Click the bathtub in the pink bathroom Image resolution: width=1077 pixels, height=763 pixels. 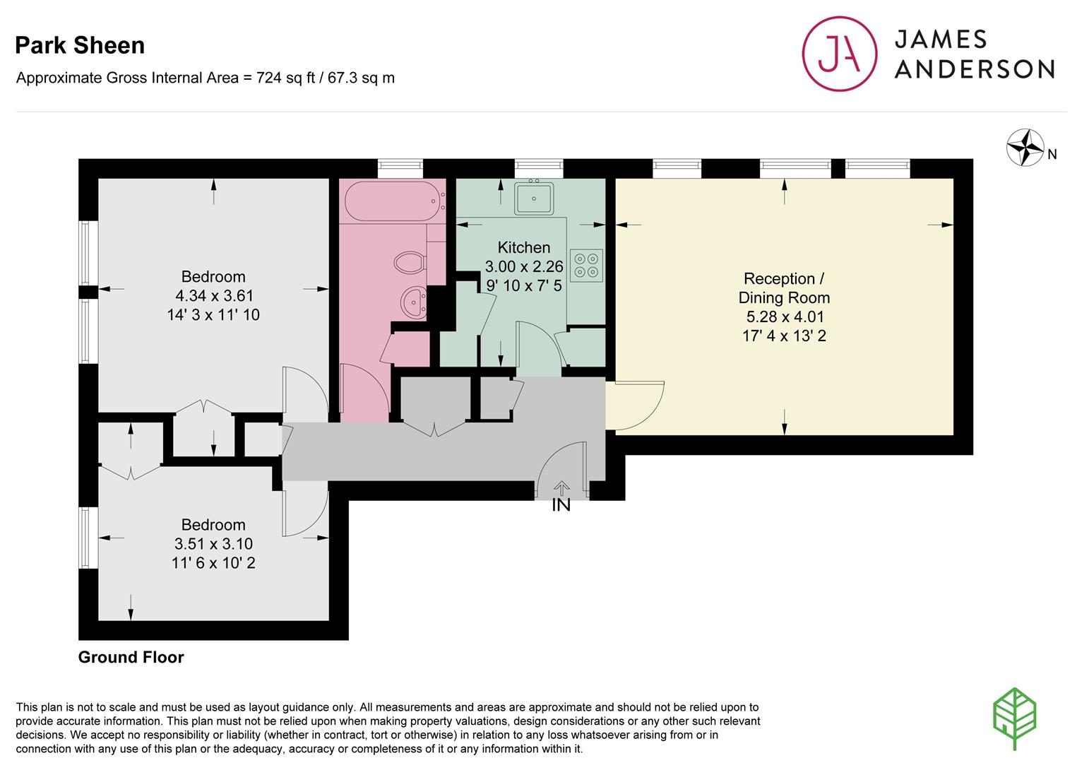click(394, 201)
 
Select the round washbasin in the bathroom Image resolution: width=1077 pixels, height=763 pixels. click(413, 302)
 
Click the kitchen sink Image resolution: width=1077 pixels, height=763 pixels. click(534, 198)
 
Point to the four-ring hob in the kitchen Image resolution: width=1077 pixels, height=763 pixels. click(586, 266)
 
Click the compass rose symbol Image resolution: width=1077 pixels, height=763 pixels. click(1025, 147)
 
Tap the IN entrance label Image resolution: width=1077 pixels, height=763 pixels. click(561, 504)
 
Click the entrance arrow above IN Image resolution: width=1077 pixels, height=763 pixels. click(561, 488)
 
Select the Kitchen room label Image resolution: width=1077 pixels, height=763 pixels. click(523, 247)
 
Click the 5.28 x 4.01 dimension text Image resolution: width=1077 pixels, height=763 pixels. click(785, 317)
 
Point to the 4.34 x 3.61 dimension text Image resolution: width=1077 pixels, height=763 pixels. click(214, 295)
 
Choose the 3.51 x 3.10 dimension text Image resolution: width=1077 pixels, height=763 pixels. click(213, 543)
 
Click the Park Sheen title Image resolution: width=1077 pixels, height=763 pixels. click(80, 45)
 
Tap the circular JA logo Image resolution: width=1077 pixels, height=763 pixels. click(840, 54)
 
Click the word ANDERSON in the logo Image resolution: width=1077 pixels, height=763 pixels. click(975, 69)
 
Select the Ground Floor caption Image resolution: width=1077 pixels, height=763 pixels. click(131, 657)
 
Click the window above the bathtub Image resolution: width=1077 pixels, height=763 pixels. click(400, 168)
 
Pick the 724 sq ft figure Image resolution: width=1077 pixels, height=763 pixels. click(285, 78)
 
